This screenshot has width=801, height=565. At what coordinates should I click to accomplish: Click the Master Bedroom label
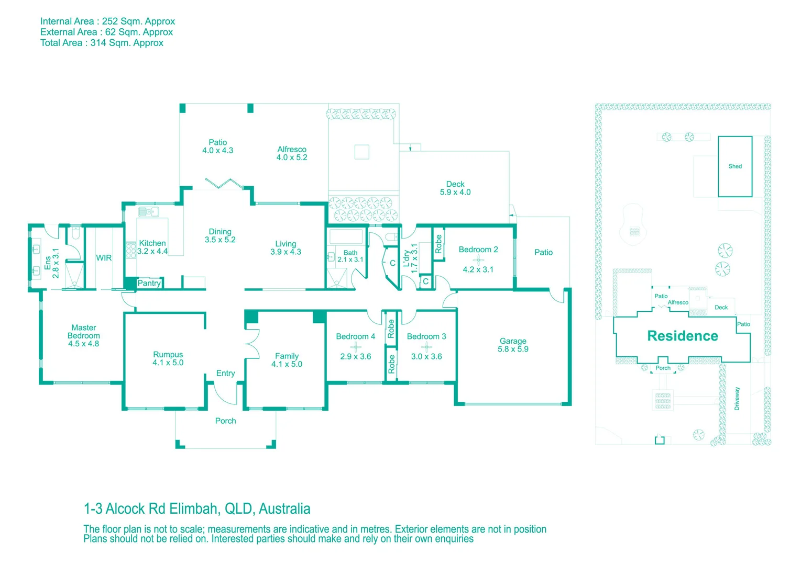(x=84, y=335)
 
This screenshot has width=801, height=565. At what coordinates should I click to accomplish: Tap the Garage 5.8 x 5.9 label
(x=513, y=345)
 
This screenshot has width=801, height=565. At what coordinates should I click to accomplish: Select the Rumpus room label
(x=168, y=358)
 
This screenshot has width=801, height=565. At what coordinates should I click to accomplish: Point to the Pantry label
(x=149, y=283)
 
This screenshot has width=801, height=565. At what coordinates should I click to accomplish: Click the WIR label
(x=104, y=258)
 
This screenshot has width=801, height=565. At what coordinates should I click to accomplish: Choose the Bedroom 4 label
(x=355, y=336)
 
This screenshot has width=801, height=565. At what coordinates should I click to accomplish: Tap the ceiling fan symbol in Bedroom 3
(x=426, y=346)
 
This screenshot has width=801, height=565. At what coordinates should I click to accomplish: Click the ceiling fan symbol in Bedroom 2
(x=478, y=259)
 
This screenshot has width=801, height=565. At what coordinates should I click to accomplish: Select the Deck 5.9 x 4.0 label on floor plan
(x=455, y=188)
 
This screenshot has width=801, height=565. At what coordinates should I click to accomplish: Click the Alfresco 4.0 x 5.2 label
(x=292, y=153)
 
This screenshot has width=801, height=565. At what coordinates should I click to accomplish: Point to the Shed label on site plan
(x=735, y=166)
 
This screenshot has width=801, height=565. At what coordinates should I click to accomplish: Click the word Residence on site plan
(x=683, y=336)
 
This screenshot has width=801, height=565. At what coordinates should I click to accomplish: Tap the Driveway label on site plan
(x=737, y=399)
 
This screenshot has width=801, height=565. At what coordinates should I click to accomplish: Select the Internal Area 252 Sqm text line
(x=107, y=21)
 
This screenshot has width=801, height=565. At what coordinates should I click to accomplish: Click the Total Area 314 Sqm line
(x=102, y=43)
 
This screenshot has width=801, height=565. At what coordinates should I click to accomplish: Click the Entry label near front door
(x=225, y=373)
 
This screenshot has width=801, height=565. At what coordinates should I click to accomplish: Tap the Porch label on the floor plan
(x=225, y=421)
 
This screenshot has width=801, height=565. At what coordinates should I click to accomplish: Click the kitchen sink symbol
(x=149, y=211)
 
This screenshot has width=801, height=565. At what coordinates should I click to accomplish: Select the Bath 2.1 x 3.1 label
(x=350, y=256)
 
